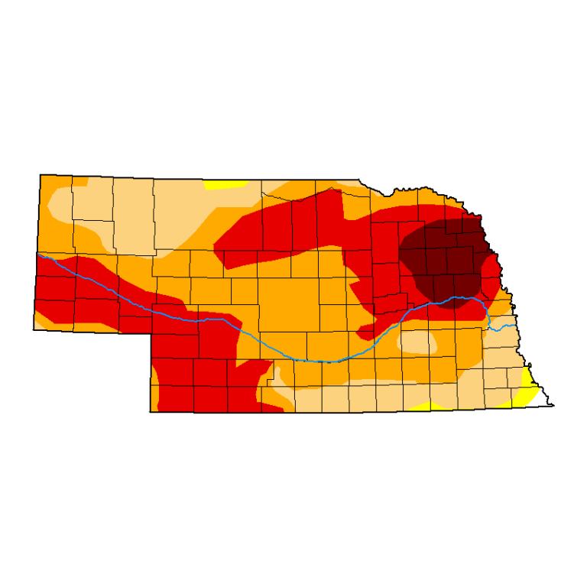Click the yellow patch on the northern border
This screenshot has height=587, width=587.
pos(225,184)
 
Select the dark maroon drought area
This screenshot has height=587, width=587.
pos(447,256)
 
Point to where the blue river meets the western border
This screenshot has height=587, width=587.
pos(37,253)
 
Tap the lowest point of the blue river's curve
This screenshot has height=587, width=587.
pos(325,362)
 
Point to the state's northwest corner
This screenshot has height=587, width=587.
pos(40,175)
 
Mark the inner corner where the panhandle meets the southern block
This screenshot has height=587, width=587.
pos(151,333)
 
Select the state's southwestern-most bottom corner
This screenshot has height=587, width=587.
pos(150,412)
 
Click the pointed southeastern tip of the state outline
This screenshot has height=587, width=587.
pos(553,406)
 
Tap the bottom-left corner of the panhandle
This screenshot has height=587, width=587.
pos(34,329)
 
